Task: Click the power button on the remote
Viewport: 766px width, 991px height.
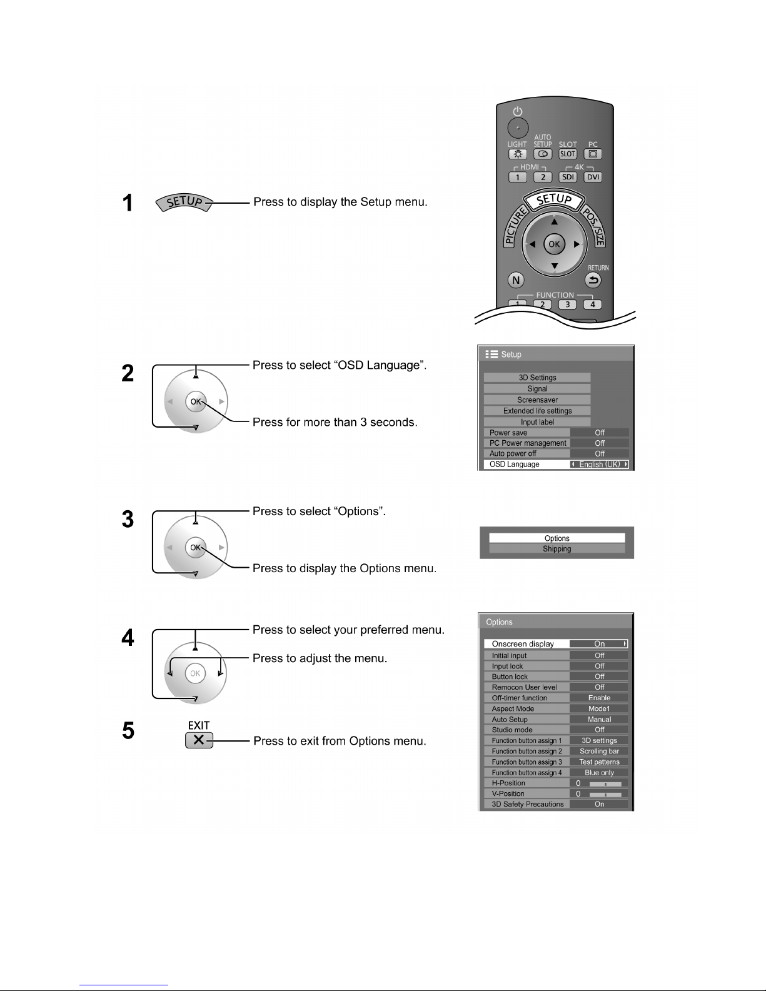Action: point(517,128)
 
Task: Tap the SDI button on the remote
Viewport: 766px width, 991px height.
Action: point(568,176)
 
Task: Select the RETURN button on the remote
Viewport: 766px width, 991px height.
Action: point(593,280)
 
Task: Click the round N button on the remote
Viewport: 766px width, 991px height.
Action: point(517,280)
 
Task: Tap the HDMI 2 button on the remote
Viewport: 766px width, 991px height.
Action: point(543,176)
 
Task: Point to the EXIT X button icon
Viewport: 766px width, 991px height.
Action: point(199,740)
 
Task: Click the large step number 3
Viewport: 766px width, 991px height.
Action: point(128,520)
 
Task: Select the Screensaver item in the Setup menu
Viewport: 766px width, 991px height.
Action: point(537,400)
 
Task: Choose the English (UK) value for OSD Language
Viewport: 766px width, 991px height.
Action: point(600,465)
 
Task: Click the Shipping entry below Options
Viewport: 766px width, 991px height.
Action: point(557,549)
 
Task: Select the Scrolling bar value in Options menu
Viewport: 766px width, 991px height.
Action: point(599,751)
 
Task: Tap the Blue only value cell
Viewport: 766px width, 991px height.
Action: point(599,772)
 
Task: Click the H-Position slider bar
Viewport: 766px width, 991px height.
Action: point(605,783)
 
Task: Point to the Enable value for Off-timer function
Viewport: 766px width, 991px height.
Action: point(599,698)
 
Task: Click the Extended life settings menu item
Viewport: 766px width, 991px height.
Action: point(537,411)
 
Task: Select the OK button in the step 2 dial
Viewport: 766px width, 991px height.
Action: point(196,401)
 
